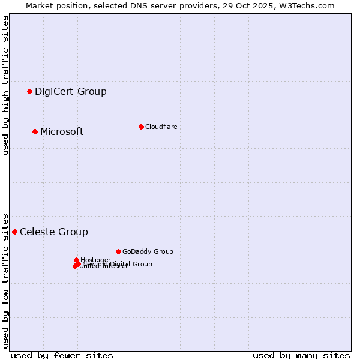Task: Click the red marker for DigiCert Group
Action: (29, 91)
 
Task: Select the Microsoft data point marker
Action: (35, 131)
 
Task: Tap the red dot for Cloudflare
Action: (141, 127)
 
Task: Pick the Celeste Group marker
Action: (14, 232)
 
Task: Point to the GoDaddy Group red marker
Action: (118, 251)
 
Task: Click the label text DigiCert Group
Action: (71, 91)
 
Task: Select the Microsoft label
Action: (62, 131)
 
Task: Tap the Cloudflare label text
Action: (161, 127)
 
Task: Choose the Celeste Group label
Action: (54, 232)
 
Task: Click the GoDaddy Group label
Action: (148, 251)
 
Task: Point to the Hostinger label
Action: (96, 260)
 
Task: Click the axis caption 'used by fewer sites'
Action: (62, 355)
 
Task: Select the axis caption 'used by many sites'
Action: (301, 355)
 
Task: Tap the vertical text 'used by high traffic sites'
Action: (5, 85)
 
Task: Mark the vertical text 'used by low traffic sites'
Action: (5, 280)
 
